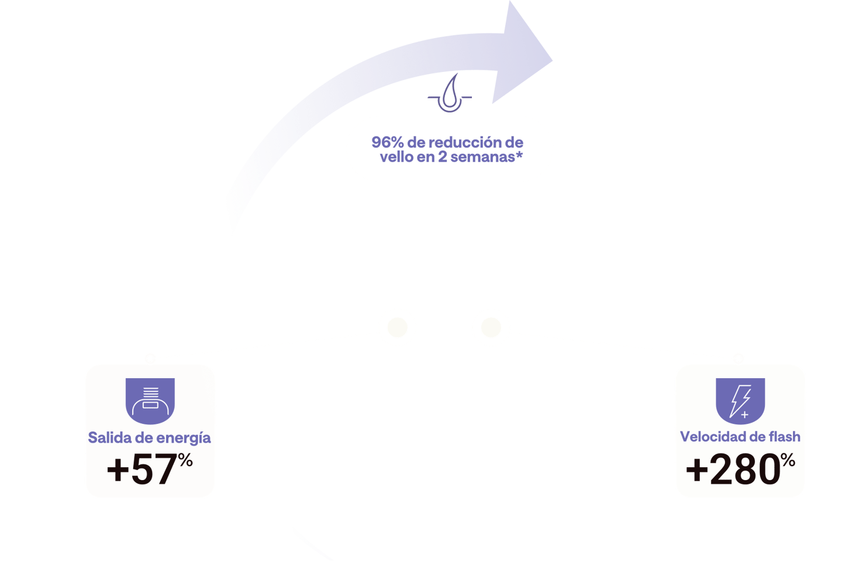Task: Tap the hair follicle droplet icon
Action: point(451,94)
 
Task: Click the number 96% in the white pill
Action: point(387,142)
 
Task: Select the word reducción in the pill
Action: point(465,142)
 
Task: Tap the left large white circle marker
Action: point(397,327)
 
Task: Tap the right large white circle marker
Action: point(491,327)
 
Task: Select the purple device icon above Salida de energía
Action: point(150,400)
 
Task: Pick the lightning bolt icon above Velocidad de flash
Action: point(740,400)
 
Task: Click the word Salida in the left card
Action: point(108,437)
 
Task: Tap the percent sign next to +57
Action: point(186,461)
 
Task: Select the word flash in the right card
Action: point(785,437)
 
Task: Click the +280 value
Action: point(732,470)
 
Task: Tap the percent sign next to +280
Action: point(788,461)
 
